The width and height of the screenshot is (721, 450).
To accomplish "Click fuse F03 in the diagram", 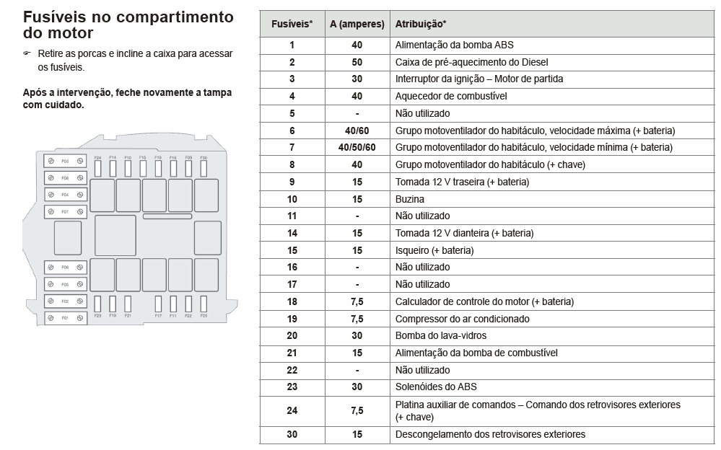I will (65, 160).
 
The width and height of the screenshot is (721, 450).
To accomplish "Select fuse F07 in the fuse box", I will (65, 212).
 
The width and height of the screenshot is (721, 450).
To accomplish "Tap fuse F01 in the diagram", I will (65, 317).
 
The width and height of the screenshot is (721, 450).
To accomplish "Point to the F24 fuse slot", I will (97, 168).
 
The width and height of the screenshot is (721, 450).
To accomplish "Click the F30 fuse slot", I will (204, 168).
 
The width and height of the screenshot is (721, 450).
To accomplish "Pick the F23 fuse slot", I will (97, 303).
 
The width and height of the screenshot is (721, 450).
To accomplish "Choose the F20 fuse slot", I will (204, 303).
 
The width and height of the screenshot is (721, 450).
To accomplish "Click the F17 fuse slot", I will (158, 303).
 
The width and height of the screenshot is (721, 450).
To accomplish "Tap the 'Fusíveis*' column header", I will (292, 24).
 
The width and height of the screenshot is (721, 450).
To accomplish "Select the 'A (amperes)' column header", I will (357, 24).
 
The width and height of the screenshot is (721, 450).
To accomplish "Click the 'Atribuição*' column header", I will (420, 24).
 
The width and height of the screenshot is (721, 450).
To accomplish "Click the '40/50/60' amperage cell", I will (357, 147).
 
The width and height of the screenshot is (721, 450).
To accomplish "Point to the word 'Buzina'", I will (410, 199).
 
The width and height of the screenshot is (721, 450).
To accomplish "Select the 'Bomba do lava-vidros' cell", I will (440, 335).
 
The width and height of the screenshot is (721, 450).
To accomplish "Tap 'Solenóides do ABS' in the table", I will (436, 387).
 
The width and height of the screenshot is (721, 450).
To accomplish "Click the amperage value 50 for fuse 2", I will (357, 62).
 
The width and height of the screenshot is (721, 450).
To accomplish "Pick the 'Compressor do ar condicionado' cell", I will (462, 319).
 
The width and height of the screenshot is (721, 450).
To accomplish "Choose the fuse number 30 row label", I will (292, 434).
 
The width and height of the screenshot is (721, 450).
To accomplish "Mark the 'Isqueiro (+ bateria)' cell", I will (434, 250).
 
